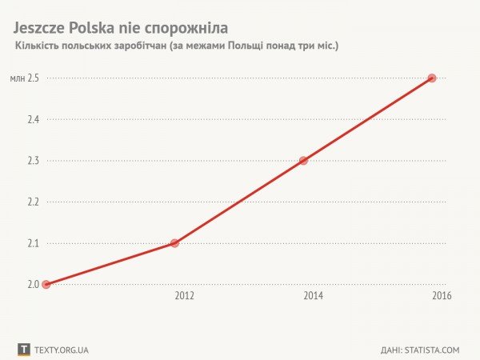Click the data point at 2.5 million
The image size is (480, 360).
[x=432, y=78]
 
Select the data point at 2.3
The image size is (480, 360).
[x=303, y=160]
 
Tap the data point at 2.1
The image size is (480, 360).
[x=174, y=242]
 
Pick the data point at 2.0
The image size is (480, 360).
[x=46, y=284]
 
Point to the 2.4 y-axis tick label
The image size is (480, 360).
[x=34, y=119]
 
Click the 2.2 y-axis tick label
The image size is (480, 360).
[x=34, y=202]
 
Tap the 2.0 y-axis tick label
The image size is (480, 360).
[x=34, y=284]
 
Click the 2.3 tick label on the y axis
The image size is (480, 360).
[x=34, y=160]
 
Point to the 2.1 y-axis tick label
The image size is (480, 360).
[x=34, y=243]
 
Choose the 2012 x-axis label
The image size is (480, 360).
[x=184, y=295]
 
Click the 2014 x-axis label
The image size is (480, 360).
[x=313, y=295]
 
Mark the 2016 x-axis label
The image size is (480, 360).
[x=442, y=295]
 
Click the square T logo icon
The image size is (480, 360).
[x=24, y=350]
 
